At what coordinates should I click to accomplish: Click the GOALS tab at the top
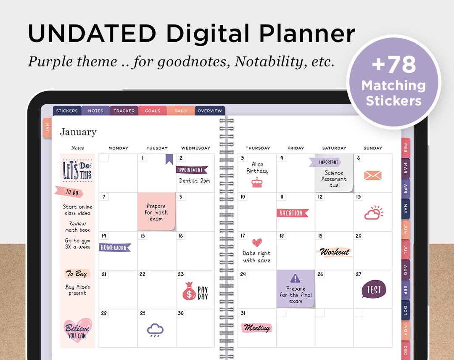152,111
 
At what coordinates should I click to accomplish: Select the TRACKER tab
124,111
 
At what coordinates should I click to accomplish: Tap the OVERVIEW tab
210,111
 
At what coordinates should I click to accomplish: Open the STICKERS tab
67,111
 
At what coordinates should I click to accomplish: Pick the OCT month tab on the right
405,310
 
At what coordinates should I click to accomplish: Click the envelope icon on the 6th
373,176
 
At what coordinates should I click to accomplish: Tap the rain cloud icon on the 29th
155,330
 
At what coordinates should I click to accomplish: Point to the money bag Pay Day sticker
190,291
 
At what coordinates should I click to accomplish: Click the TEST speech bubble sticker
374,289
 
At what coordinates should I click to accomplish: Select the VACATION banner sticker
292,213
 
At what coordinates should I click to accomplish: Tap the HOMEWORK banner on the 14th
115,248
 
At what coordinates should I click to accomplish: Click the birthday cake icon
256,182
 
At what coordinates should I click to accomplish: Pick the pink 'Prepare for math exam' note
156,212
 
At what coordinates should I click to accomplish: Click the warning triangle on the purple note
296,278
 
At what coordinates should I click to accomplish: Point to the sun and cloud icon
373,213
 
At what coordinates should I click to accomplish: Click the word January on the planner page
78,132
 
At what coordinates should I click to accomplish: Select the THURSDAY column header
258,148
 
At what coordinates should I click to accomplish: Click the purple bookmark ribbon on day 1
169,159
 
